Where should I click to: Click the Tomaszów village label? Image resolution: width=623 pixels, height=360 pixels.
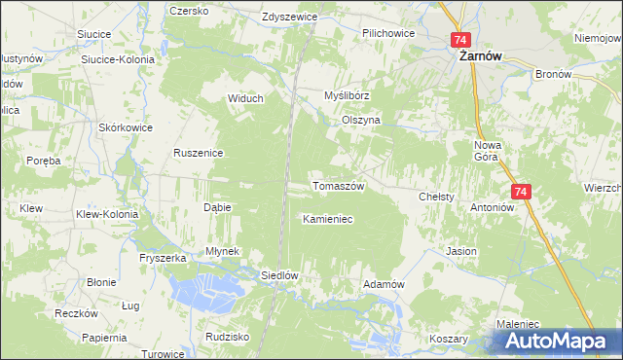pyautogui.click(x=337, y=186)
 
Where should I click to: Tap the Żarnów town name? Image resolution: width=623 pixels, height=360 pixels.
pyautogui.click(x=480, y=57)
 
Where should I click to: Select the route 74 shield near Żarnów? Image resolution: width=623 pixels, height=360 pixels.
pyautogui.click(x=460, y=40)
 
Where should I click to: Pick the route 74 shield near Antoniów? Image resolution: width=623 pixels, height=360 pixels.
pyautogui.click(x=521, y=193)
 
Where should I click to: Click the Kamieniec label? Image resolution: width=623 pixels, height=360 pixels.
pyautogui.click(x=327, y=220)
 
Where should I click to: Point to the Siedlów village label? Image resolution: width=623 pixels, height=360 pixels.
pyautogui.click(x=278, y=275)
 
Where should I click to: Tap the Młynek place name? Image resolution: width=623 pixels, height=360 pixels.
pyautogui.click(x=222, y=251)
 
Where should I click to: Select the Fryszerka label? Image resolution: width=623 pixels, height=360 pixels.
pyautogui.click(x=163, y=258)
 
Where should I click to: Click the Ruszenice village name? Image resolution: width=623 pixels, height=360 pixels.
pyautogui.click(x=199, y=153)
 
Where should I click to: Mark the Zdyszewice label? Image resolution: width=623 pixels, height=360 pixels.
pyautogui.click(x=290, y=18)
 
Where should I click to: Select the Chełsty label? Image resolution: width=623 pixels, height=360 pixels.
pyautogui.click(x=436, y=197)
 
